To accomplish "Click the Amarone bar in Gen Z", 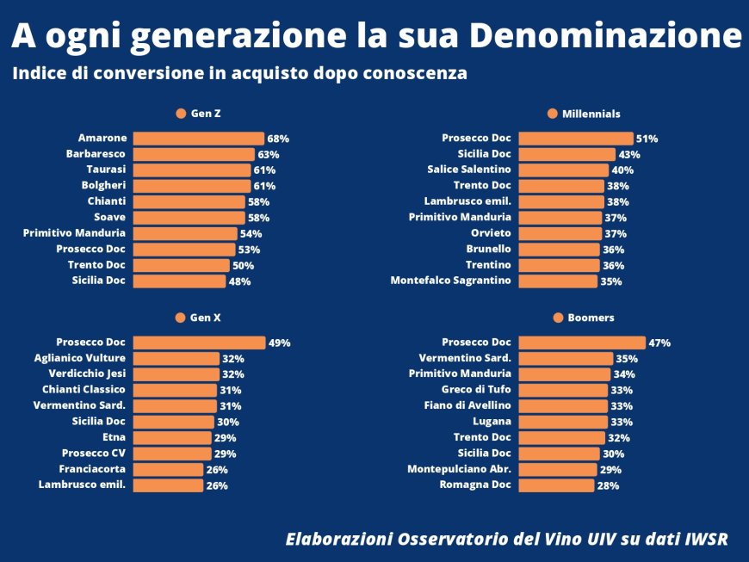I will pos(198,138).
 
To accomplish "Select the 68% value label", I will pos(278,139).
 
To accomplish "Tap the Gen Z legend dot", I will pos(181,114).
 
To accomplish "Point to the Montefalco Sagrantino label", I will pos(450,281).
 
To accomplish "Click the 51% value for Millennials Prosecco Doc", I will pos(647,139).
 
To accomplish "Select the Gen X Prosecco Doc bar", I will pos(199,343).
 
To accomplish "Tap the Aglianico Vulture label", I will pos(79,358).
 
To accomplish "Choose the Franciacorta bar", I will pos(169,470).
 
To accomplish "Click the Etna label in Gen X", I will pos(114,438).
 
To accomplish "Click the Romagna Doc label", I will pos(477,485).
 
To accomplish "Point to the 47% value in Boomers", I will pos(659,343).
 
